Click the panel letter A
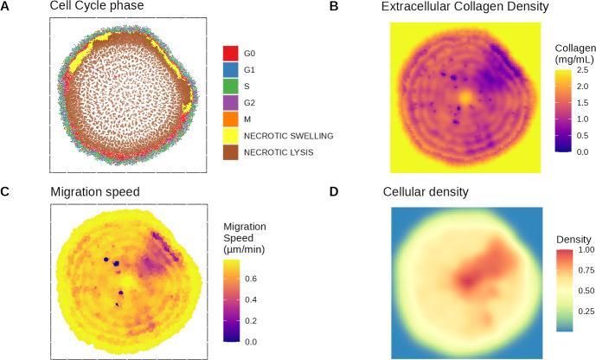pos(6,7)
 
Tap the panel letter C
pos(6,191)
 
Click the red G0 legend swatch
pos(231,54)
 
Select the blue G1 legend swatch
pos(231,70)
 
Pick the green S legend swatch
pos(231,87)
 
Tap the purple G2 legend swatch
pos(231,103)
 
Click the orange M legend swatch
pos(231,119)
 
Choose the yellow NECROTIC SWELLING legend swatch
pos(231,136)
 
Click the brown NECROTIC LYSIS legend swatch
pos(231,152)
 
